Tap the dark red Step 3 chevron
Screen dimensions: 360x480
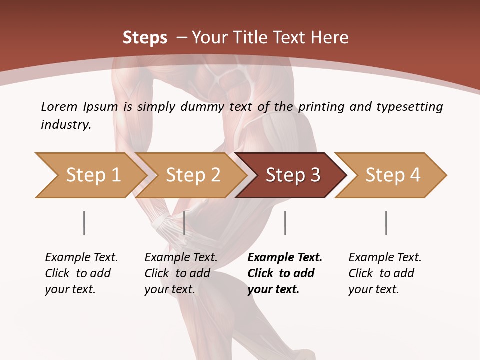[293, 175]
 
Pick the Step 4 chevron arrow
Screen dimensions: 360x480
[393, 175]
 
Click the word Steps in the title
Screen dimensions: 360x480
[145, 37]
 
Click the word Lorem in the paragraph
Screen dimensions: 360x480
[59, 106]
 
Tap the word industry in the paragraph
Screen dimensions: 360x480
[66, 125]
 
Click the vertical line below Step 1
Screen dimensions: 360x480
[84, 223]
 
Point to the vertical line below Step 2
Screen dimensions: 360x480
[184, 223]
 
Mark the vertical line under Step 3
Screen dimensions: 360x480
[285, 223]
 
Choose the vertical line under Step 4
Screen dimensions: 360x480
[386, 223]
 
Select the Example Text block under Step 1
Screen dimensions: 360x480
[81, 273]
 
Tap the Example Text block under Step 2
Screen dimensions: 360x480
[181, 273]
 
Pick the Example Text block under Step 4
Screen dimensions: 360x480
[385, 273]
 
